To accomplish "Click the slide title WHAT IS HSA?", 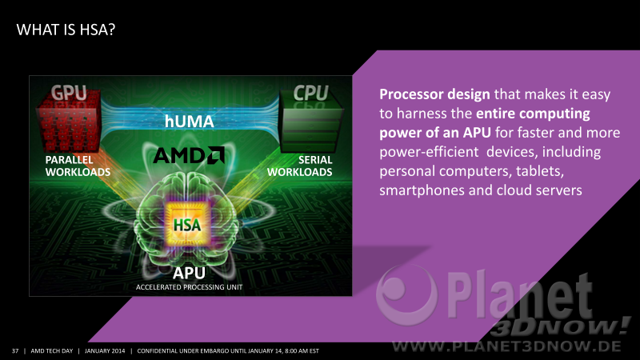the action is (66, 30).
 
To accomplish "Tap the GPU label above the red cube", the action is (69, 93).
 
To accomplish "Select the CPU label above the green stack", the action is (310, 93).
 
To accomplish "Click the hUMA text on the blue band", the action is (189, 122).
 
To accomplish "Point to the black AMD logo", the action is (189, 155).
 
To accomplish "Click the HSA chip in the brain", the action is (187, 224).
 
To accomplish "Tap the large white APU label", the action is (189, 273).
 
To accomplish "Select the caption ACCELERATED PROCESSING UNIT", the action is (189, 287).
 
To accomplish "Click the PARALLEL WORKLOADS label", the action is (78, 166).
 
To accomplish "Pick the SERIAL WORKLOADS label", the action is (299, 166).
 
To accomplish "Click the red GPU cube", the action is (69, 122).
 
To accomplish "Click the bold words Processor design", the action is (434, 94).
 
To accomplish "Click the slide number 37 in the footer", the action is (15, 351).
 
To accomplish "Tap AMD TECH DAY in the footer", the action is (52, 351).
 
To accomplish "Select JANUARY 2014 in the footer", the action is (105, 351).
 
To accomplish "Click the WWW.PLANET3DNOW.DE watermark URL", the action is (506, 347).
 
